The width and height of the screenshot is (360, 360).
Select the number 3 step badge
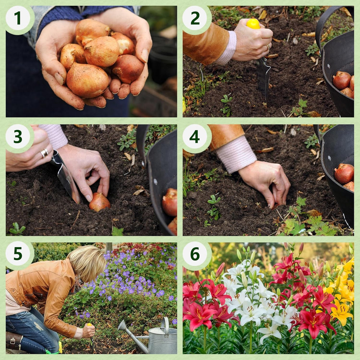(18, 137)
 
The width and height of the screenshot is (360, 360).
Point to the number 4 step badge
(195, 137)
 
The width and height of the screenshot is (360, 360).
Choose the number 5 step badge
(18, 254)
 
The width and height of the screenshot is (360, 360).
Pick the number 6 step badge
(195, 254)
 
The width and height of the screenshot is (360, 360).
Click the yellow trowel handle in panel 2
(253, 24)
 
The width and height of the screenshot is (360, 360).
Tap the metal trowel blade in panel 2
(264, 76)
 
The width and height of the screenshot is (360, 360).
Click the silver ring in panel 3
(44, 153)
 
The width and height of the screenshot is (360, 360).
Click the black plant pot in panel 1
(163, 63)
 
